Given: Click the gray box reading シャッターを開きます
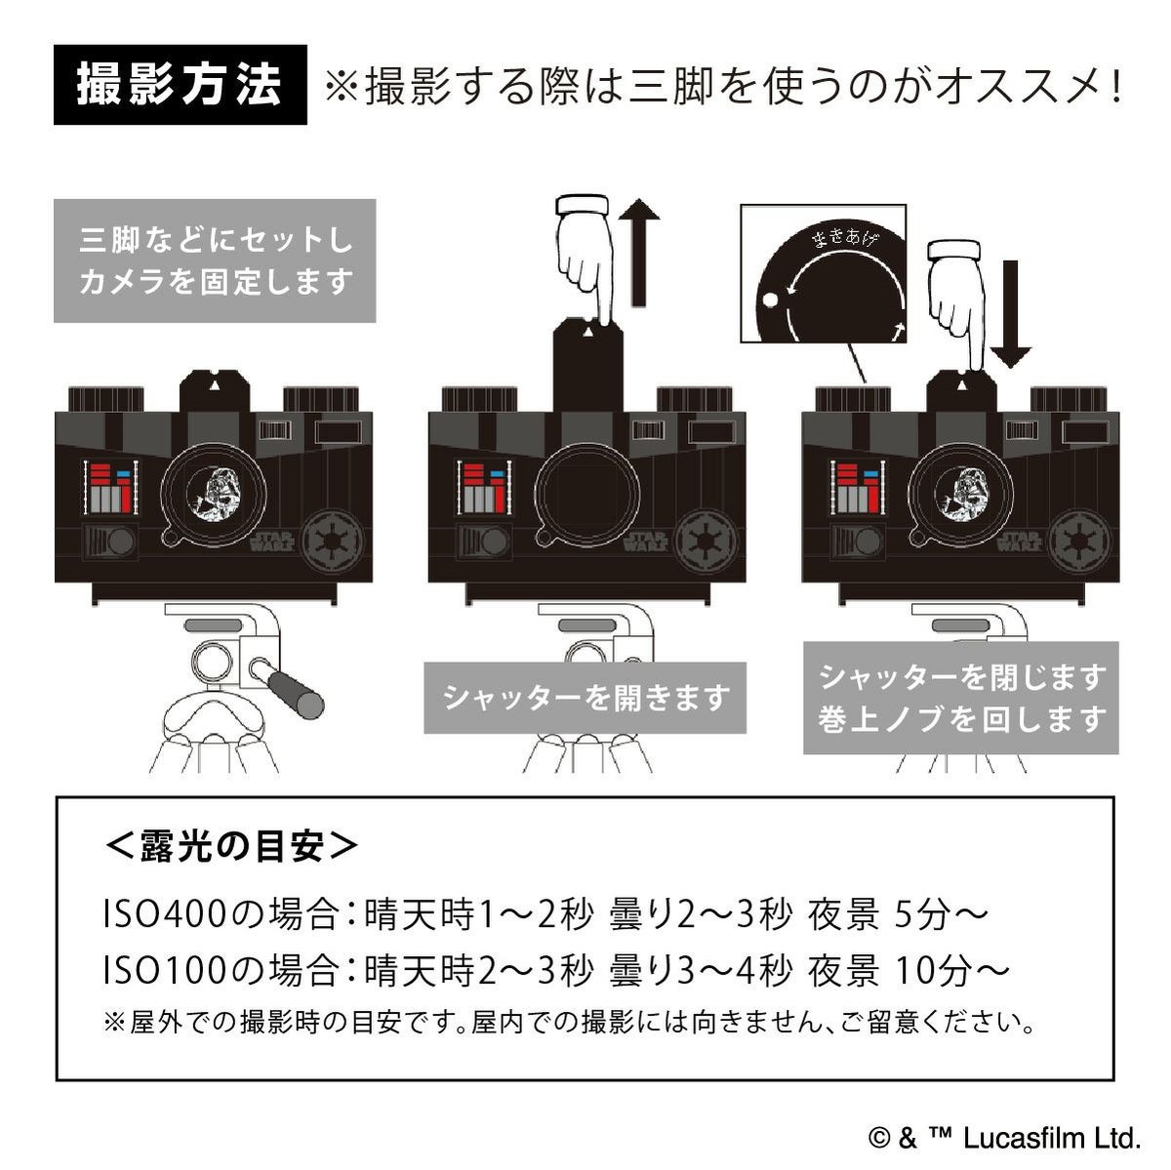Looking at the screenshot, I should point(585,698).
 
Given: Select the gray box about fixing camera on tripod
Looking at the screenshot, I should point(214,261).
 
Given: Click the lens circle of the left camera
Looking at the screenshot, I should point(214,484).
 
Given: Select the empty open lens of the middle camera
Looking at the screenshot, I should point(585,485).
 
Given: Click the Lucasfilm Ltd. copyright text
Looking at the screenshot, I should point(1005,1137).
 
